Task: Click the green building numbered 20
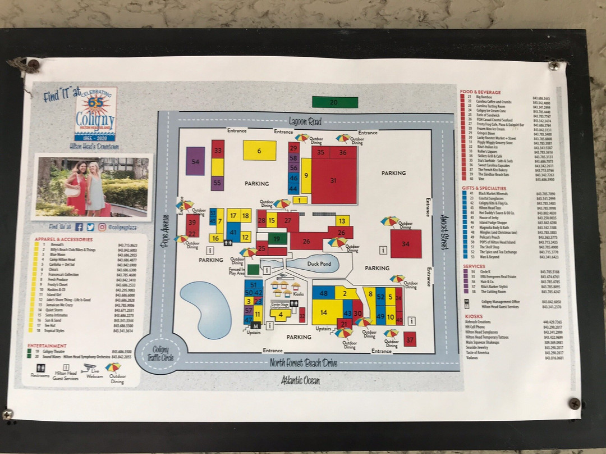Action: tap(334, 102)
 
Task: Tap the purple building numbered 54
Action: tap(195, 161)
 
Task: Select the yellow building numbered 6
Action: tap(259, 151)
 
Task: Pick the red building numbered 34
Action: tap(406, 244)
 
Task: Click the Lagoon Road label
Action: tap(305, 121)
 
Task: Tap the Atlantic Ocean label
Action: tap(300, 381)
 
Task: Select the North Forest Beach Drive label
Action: tap(304, 363)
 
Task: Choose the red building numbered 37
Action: tap(410, 339)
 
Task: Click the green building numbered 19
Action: tap(277, 238)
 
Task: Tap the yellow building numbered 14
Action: tap(324, 312)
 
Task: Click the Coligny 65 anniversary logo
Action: tap(95, 114)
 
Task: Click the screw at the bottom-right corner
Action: tap(574, 403)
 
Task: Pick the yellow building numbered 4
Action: tap(280, 314)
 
